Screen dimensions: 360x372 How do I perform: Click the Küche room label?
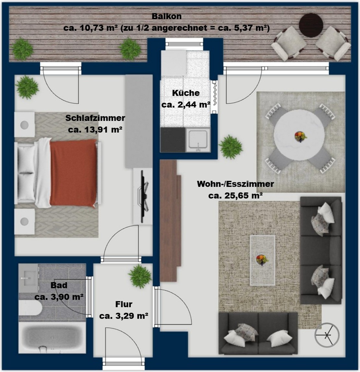pyautogui.click(x=186, y=93)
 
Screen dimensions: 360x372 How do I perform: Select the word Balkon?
pyautogui.click(x=167, y=16)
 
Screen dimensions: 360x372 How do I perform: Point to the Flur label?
pyautogui.click(x=124, y=304)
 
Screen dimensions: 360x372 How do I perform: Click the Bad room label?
pyautogui.click(x=59, y=285)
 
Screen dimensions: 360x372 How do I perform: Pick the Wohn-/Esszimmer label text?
pyautogui.click(x=235, y=184)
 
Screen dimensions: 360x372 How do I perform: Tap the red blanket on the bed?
pyautogui.click(x=74, y=173)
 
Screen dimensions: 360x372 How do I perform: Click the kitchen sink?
pyautogui.click(x=198, y=140)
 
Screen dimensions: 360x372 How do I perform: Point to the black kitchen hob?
pyautogui.click(x=173, y=140)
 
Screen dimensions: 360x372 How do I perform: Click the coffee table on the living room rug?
pyautogui.click(x=262, y=260)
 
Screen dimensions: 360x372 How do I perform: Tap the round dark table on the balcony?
pyautogui.click(x=311, y=25)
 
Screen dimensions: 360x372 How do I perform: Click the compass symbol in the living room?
pyautogui.click(x=327, y=335)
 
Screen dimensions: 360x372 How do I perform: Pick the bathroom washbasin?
pyautogui.click(x=29, y=278)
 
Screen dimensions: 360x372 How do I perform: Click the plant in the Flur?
pyautogui.click(x=140, y=276)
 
